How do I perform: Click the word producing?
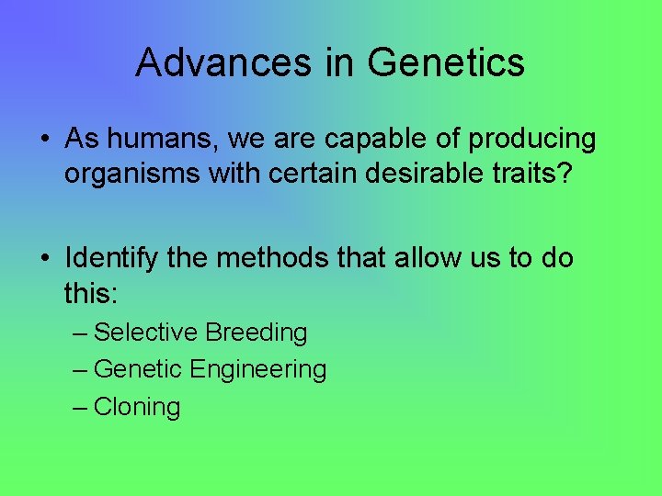pos(532,140)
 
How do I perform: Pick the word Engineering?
pos(258,370)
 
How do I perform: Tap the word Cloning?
pos(137,407)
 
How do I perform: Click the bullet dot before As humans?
pos(44,141)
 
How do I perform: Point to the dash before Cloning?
pos(80,407)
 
